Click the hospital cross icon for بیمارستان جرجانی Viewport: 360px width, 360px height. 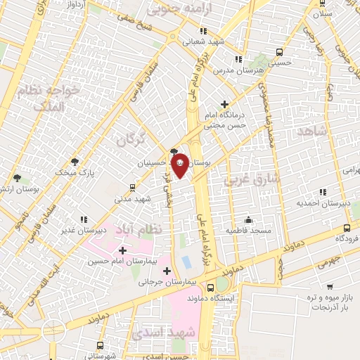tap(167, 271)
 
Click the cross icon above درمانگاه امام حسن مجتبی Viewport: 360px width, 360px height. tap(224, 103)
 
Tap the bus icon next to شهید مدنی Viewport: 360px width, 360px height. tap(132, 188)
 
